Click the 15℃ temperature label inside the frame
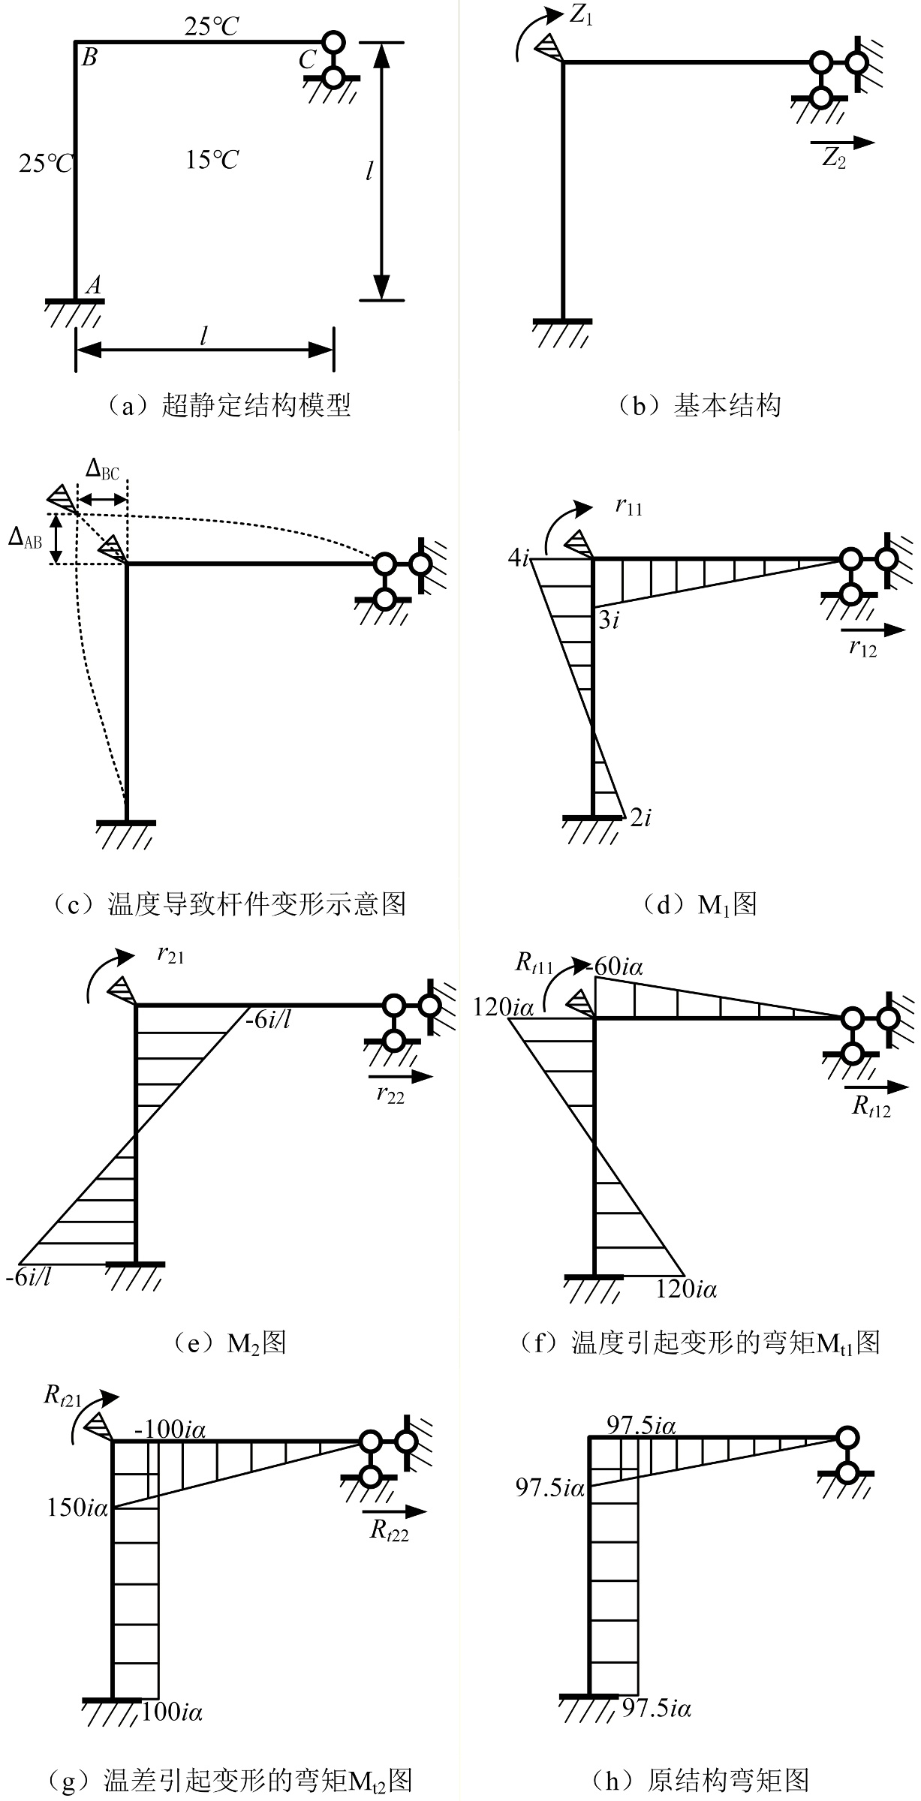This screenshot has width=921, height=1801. (x=212, y=160)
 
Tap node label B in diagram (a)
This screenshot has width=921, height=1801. (x=89, y=57)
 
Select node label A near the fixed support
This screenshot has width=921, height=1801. (x=94, y=284)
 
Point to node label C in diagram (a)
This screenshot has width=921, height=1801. (x=306, y=60)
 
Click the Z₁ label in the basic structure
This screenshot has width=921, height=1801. (x=581, y=15)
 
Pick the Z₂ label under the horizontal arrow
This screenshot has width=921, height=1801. (x=834, y=158)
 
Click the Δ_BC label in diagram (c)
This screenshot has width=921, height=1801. (x=102, y=470)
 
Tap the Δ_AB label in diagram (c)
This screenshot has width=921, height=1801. (x=26, y=538)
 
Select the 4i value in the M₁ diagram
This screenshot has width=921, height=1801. (x=519, y=558)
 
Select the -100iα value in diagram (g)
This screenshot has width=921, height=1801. (x=170, y=1430)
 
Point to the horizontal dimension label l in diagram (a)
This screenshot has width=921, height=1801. (x=203, y=335)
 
